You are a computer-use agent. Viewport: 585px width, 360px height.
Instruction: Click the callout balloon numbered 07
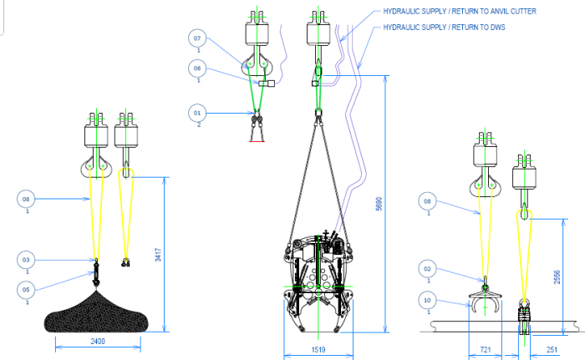pyautogui.click(x=198, y=38)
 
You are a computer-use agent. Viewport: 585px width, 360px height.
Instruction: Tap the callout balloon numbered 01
pyautogui.click(x=198, y=111)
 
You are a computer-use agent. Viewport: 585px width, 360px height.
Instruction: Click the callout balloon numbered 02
pyautogui.click(x=427, y=269)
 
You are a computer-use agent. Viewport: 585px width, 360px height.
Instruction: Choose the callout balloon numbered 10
pyautogui.click(x=427, y=299)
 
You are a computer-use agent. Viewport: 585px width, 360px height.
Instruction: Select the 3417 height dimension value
pyautogui.click(x=159, y=254)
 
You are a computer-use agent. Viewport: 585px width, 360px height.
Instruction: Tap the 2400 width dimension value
pyautogui.click(x=99, y=342)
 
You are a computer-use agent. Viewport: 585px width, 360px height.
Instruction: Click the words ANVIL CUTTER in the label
pyautogui.click(x=508, y=11)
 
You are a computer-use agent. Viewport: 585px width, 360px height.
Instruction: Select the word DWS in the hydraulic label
pyautogui.click(x=498, y=27)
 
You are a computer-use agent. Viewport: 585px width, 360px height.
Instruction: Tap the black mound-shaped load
pyautogui.click(x=99, y=312)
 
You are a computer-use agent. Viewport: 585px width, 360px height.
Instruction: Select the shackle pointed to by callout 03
pyautogui.click(x=96, y=270)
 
